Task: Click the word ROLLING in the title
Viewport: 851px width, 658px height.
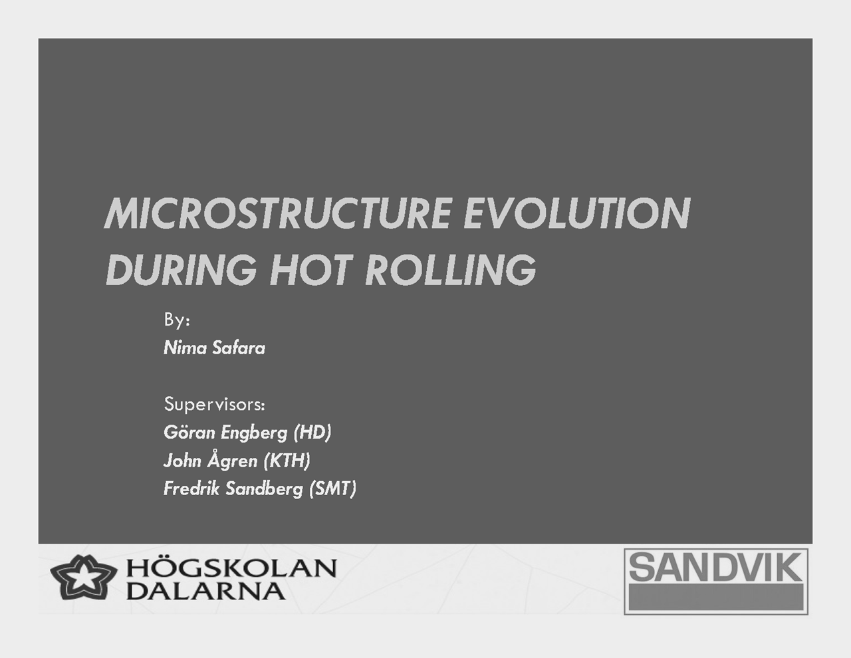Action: coord(450,270)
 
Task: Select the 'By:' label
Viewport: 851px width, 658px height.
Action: coord(177,320)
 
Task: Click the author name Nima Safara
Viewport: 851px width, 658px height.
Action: coord(214,348)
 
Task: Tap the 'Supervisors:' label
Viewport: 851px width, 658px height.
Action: coord(215,404)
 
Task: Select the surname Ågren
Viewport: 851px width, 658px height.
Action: coord(232,460)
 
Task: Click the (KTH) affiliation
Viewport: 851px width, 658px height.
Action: coord(287,461)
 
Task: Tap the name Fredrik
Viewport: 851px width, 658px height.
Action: coord(191,489)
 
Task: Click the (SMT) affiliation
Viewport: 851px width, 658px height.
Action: coord(333,489)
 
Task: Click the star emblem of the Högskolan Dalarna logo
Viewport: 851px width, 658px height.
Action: coord(83,577)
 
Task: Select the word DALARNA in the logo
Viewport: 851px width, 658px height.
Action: coord(205,591)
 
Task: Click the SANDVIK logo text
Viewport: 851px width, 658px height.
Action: coord(715,567)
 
